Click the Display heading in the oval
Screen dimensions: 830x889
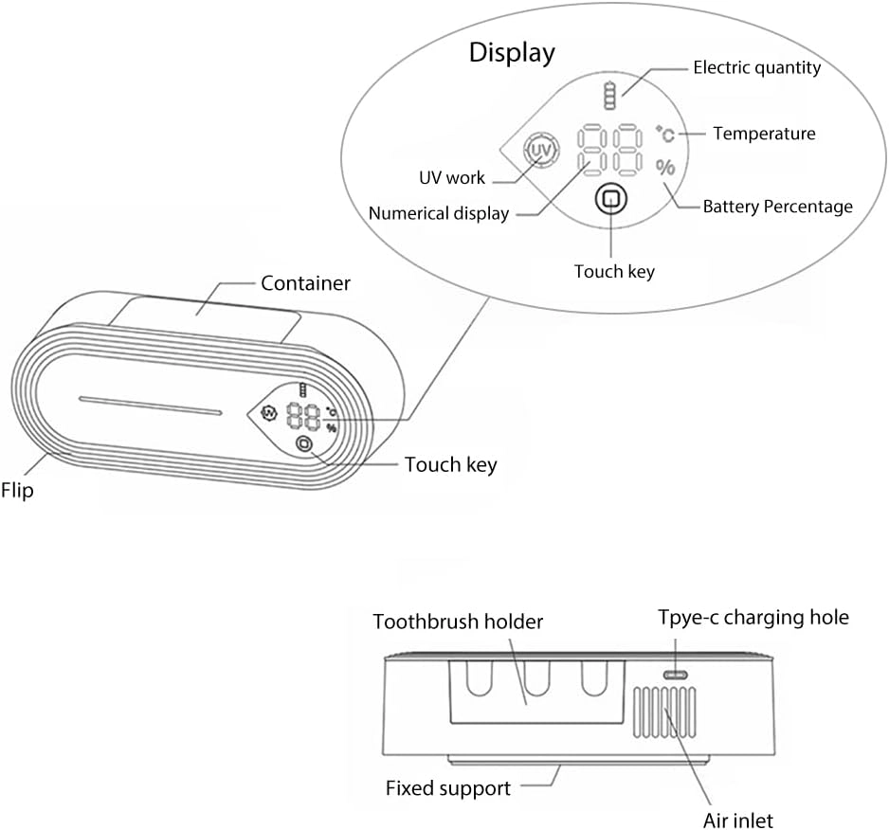(x=512, y=53)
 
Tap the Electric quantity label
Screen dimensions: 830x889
(x=756, y=67)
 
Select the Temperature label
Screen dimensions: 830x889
(x=764, y=134)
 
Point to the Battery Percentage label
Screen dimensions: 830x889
(x=777, y=207)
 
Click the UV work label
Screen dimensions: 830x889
(x=452, y=177)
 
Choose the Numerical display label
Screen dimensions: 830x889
(x=439, y=214)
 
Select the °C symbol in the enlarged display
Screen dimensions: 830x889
(x=665, y=133)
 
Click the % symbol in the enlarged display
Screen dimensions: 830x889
(x=666, y=168)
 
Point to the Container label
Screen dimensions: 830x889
(x=305, y=283)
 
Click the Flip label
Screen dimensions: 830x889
(x=17, y=492)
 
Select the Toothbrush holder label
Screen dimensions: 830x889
(x=458, y=622)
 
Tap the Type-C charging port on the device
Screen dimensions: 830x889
(x=675, y=675)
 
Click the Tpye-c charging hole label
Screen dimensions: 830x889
(x=753, y=618)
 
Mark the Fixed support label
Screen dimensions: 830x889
(x=447, y=788)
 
